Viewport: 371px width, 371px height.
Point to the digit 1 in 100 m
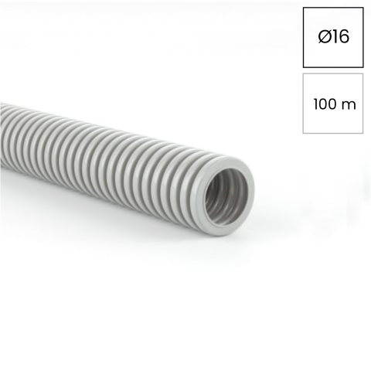(316, 104)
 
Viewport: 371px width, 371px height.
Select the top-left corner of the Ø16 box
(304, 9)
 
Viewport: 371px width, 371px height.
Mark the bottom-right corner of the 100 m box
(362, 133)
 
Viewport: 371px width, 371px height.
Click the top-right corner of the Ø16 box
(362, 9)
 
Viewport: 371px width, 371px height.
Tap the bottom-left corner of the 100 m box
(304, 133)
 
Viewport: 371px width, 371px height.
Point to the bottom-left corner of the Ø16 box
(304, 66)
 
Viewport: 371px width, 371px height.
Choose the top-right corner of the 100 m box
(362, 75)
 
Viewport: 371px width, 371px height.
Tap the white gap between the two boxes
(333, 70)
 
